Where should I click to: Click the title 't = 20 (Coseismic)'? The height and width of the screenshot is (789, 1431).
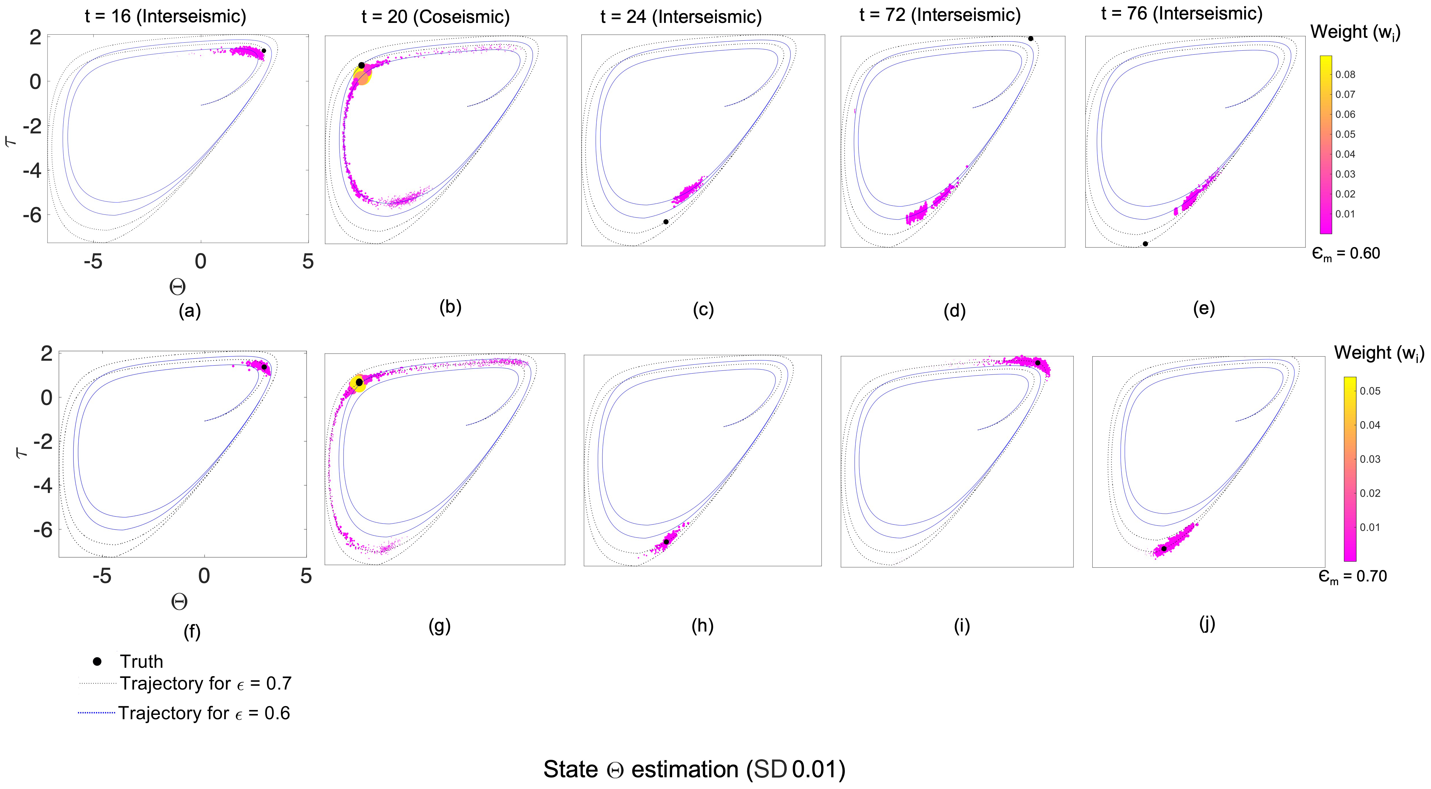point(435,17)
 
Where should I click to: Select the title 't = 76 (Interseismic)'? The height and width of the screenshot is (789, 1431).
point(1181,13)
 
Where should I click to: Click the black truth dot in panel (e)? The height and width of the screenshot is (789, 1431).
point(1145,244)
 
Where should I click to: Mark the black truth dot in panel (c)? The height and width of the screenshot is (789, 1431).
point(666,222)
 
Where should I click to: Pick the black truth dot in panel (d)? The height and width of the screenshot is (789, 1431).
point(1030,38)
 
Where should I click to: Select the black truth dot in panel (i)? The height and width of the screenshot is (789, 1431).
point(1037,362)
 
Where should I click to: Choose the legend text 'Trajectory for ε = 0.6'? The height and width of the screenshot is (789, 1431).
point(204,713)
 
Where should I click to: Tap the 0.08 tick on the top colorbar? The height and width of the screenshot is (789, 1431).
point(1345,74)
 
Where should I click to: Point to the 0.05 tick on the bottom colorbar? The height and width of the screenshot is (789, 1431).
point(1370,391)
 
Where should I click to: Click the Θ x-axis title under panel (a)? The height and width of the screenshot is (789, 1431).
point(177,287)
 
